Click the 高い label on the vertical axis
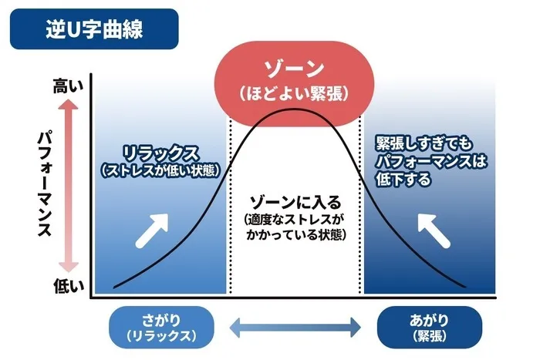point(66,86)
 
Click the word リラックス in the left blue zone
point(160,153)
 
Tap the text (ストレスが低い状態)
point(161,169)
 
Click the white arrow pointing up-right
point(153,228)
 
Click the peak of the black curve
point(294,110)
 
